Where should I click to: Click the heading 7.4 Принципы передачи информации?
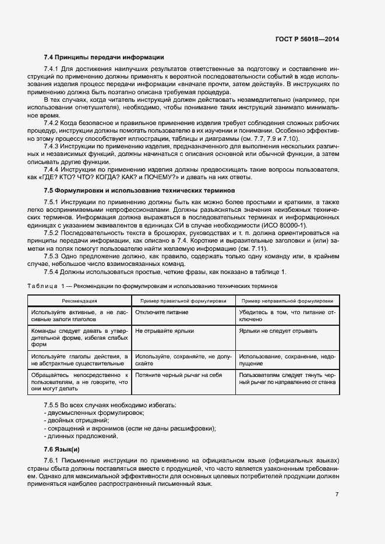(104, 57)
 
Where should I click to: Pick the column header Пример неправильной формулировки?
(287, 301)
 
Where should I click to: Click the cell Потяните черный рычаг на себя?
(178, 375)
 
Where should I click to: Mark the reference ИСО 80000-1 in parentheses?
(315, 225)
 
